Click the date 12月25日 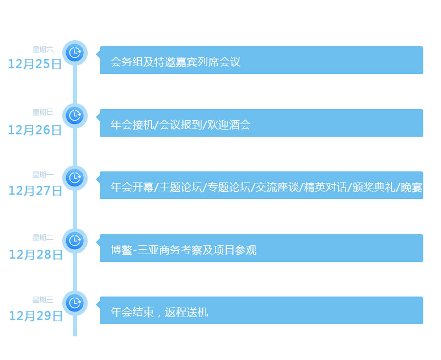(35, 64)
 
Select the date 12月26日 (35, 130)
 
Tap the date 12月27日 (35, 191)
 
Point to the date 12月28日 (36, 255)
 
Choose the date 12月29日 (36, 316)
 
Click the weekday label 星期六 (43, 50)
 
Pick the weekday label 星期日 (43, 112)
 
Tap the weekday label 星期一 (43, 175)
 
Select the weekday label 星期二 (43, 238)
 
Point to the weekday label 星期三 (43, 300)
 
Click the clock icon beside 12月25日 (74, 53)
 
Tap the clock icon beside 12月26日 (74, 116)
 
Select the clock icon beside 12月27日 (74, 178)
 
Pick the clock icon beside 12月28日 (74, 241)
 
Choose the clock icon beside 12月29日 (74, 303)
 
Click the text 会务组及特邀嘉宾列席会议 (176, 62)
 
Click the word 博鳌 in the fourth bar (122, 250)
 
